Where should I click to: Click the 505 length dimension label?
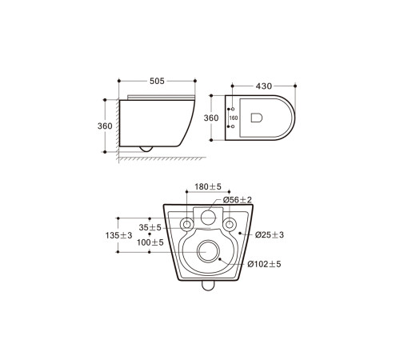(x=157, y=80)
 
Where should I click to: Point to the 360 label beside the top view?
(x=212, y=118)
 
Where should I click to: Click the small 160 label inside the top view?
(x=234, y=118)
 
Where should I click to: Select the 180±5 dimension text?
(x=207, y=186)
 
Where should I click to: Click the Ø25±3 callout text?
(x=269, y=234)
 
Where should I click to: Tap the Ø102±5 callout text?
(x=264, y=263)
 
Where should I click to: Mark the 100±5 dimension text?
(x=150, y=242)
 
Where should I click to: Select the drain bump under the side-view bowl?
(x=145, y=147)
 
